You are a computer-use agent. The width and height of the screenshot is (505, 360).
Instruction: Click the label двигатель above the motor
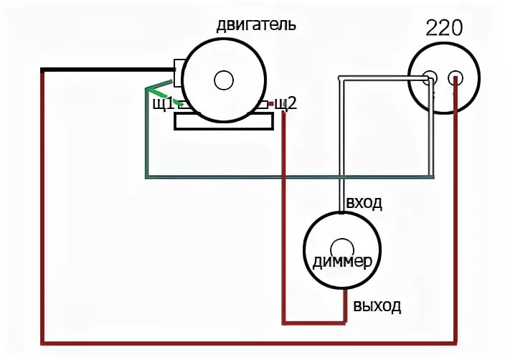point(255,26)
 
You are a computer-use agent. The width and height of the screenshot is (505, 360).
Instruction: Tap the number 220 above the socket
point(444,28)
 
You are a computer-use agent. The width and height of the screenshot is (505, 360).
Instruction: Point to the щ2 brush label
point(286,104)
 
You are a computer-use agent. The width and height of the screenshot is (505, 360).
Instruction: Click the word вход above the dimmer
point(364,203)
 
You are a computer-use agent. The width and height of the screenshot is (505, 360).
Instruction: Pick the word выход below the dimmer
point(377,307)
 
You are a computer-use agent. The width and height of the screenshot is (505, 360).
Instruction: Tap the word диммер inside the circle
point(342,261)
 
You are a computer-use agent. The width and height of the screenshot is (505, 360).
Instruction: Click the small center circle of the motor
point(224,80)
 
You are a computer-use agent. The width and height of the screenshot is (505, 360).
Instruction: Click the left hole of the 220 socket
point(430,78)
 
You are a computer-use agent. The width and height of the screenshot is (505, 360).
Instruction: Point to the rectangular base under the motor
point(224,122)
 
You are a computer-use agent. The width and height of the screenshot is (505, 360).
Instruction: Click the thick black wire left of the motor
point(108,70)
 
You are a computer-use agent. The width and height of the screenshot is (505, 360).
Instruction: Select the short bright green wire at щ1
point(159,94)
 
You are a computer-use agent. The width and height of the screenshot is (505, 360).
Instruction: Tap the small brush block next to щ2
point(269,105)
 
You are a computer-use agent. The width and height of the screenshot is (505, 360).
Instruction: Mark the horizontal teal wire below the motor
point(287,176)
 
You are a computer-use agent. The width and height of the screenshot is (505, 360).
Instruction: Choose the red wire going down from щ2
point(284,215)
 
